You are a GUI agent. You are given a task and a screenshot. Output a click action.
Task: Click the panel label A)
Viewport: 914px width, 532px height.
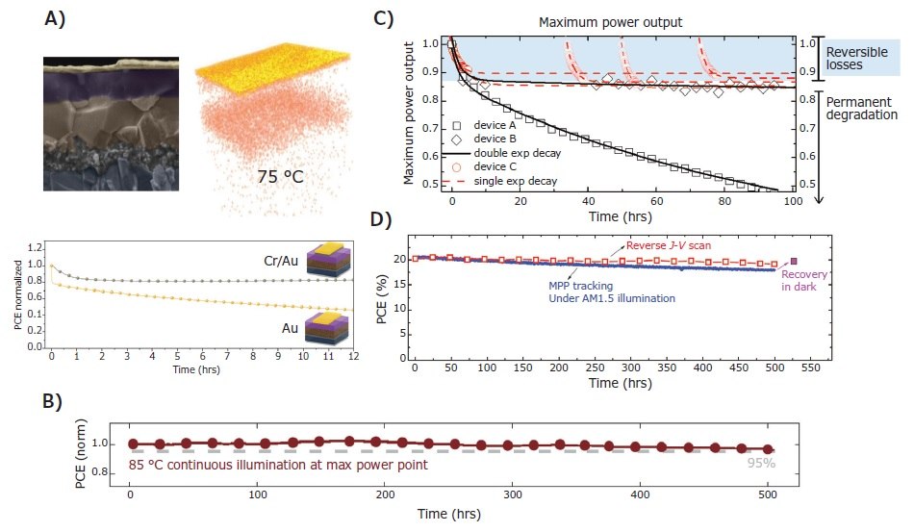click(x=57, y=22)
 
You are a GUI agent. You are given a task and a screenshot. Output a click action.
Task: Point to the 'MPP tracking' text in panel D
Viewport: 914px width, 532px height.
click(x=568, y=285)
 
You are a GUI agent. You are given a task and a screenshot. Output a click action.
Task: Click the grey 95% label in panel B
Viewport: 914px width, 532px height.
click(x=761, y=462)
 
